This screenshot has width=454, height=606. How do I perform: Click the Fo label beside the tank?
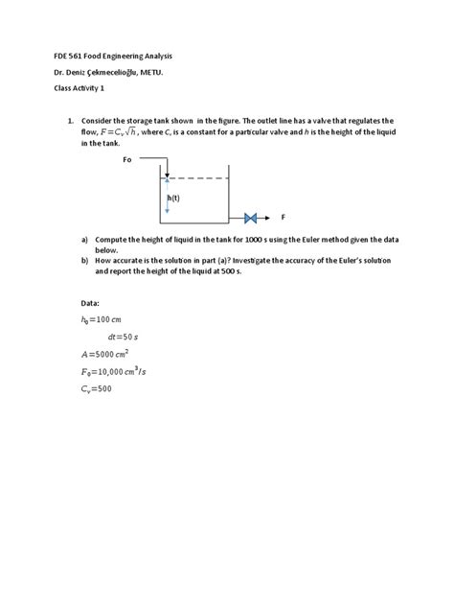pyautogui.click(x=127, y=160)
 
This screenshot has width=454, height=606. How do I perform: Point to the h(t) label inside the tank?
pyautogui.click(x=173, y=198)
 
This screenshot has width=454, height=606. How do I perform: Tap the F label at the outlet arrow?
pyautogui.click(x=283, y=217)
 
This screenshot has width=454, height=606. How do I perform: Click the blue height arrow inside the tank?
pyautogui.click(x=168, y=201)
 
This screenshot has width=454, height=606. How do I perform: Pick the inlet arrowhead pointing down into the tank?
pyautogui.click(x=167, y=175)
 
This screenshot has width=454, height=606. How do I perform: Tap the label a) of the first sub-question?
pyautogui.click(x=84, y=239)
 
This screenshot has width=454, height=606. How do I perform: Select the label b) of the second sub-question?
pyautogui.click(x=84, y=260)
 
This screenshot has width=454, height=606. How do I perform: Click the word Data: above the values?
pyautogui.click(x=91, y=302)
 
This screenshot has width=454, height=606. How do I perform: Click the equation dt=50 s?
pyautogui.click(x=125, y=338)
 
